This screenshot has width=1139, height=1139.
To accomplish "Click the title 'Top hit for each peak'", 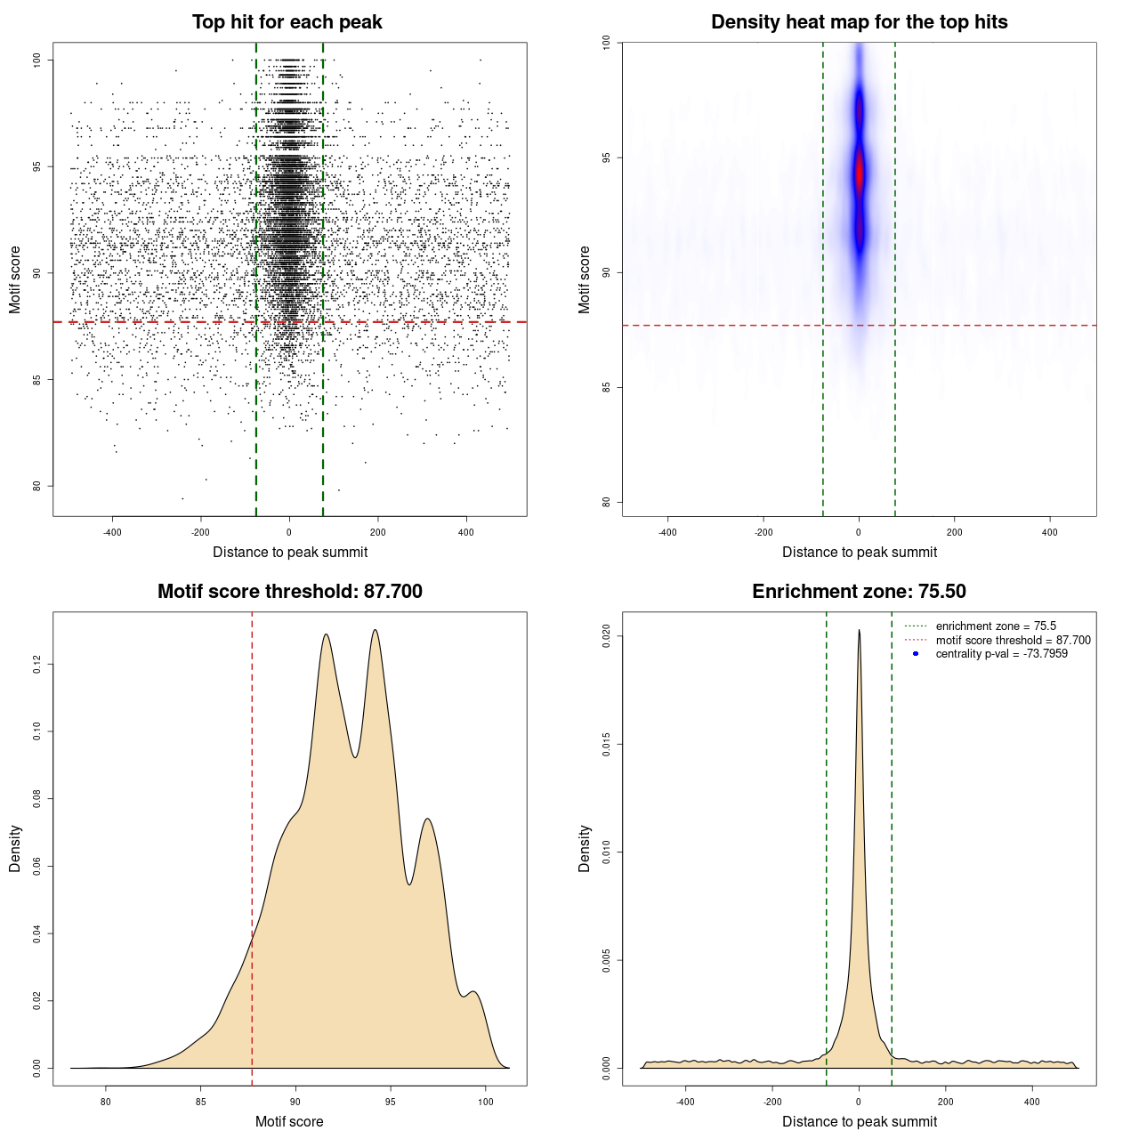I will click(x=287, y=22).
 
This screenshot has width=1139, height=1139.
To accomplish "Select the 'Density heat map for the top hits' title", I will click(x=859, y=22).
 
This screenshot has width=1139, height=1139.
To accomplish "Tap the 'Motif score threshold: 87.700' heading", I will click(x=289, y=592).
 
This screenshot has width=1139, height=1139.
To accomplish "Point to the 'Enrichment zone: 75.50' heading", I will click(x=859, y=592).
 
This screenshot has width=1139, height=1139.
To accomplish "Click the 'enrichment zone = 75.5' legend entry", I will click(x=996, y=626).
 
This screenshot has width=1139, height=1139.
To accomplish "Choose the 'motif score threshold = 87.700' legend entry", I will click(x=1013, y=640).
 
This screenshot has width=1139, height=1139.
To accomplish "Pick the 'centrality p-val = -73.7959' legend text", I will click(x=1001, y=654).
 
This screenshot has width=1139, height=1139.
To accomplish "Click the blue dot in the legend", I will click(x=916, y=654).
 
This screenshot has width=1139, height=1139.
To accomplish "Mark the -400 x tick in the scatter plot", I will click(x=112, y=532).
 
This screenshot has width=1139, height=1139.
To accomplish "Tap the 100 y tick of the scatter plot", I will click(x=37, y=60).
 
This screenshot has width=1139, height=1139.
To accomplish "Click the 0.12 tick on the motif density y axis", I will click(x=37, y=664).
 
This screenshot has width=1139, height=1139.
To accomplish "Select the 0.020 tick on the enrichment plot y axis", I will click(x=607, y=635).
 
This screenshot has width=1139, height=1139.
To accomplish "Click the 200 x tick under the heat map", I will click(x=955, y=532).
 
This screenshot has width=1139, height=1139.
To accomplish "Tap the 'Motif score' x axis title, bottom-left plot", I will click(x=289, y=1121).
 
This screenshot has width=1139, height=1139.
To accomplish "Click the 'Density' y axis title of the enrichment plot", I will click(x=585, y=848).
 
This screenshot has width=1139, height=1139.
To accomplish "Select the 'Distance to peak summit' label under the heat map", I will click(x=859, y=552).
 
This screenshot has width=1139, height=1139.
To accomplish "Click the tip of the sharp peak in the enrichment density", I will click(x=859, y=630).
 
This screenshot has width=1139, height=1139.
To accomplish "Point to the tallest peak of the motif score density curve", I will click(x=376, y=630).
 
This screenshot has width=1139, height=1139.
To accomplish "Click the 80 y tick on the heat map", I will click(x=607, y=502).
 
